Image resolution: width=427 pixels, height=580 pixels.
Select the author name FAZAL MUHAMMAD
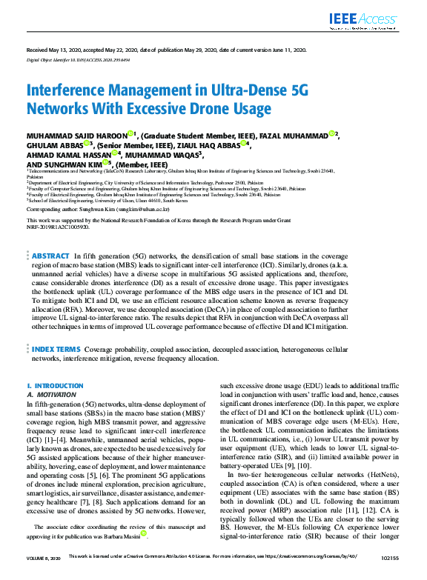(x=293, y=136)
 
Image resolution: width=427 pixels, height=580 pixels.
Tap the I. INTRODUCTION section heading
(x=55, y=386)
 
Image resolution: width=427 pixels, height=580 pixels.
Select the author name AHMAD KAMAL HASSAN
(x=67, y=155)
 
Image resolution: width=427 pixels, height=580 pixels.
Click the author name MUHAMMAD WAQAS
(x=156, y=155)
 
